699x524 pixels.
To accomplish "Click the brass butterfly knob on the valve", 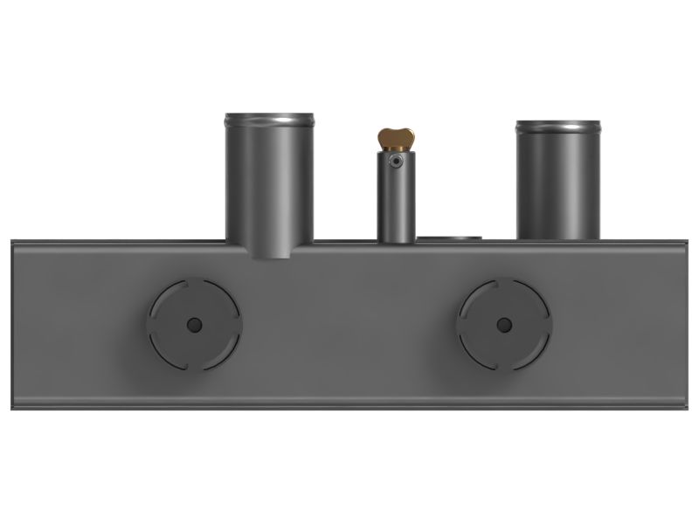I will pos(396,138).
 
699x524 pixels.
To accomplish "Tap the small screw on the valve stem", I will pos(397,162).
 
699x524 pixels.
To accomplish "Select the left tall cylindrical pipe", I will pos(269,183).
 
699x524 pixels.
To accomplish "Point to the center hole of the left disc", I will pos(194,325).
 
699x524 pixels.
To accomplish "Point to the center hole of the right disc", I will pos(504,325).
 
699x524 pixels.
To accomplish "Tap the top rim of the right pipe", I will pos(557,127).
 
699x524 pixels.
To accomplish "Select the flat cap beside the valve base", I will pos(449,237).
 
